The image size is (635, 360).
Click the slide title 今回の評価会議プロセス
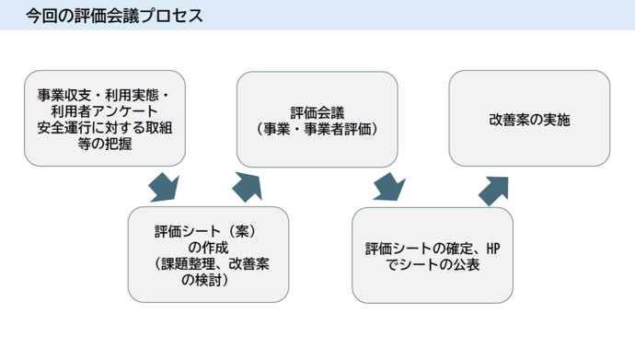tap(114, 16)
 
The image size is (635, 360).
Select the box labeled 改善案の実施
tap(529, 119)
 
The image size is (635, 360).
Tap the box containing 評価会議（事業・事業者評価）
tap(317, 119)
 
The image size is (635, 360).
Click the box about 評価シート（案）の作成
tap(208, 254)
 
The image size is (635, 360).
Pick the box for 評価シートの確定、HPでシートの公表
tap(433, 255)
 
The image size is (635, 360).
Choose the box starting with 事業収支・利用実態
tap(105, 119)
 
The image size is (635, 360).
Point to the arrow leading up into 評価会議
tap(248, 186)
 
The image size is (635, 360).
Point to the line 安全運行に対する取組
tap(104, 127)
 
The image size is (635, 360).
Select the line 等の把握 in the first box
tap(104, 143)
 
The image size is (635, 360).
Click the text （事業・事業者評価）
tap(317, 127)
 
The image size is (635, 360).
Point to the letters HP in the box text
tap(492, 248)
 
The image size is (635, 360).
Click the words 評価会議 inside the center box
tap(317, 111)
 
